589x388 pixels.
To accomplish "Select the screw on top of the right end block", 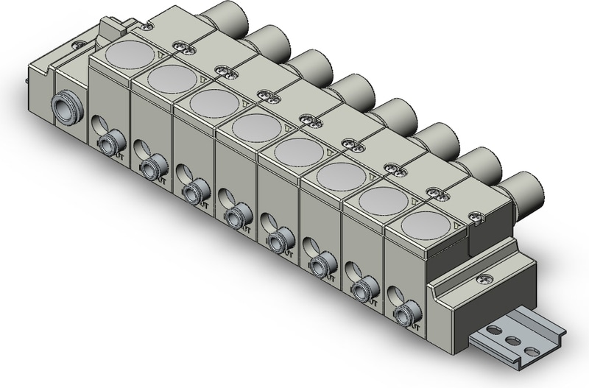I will tap(484, 279).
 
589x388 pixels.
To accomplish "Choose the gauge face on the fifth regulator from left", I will tap(296, 150).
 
